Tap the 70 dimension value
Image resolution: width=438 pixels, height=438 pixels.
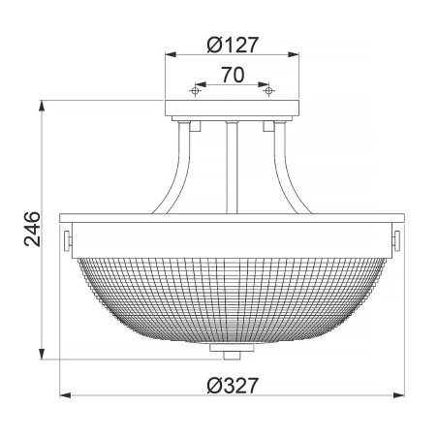(x=232, y=73)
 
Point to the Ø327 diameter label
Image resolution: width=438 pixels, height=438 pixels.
(x=232, y=385)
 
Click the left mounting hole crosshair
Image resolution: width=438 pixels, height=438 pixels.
(x=195, y=90)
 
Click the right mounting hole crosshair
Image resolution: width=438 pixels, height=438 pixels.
(x=268, y=90)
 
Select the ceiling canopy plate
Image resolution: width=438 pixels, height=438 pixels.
(x=232, y=110)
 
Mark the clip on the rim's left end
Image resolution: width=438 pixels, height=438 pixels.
(x=67, y=236)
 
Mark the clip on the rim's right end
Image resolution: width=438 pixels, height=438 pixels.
(x=396, y=236)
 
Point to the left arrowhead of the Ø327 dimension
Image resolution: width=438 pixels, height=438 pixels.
(x=65, y=395)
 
